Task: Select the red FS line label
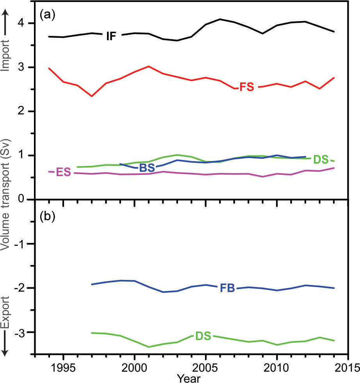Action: coord(246,87)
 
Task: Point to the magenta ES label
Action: coord(63,172)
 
